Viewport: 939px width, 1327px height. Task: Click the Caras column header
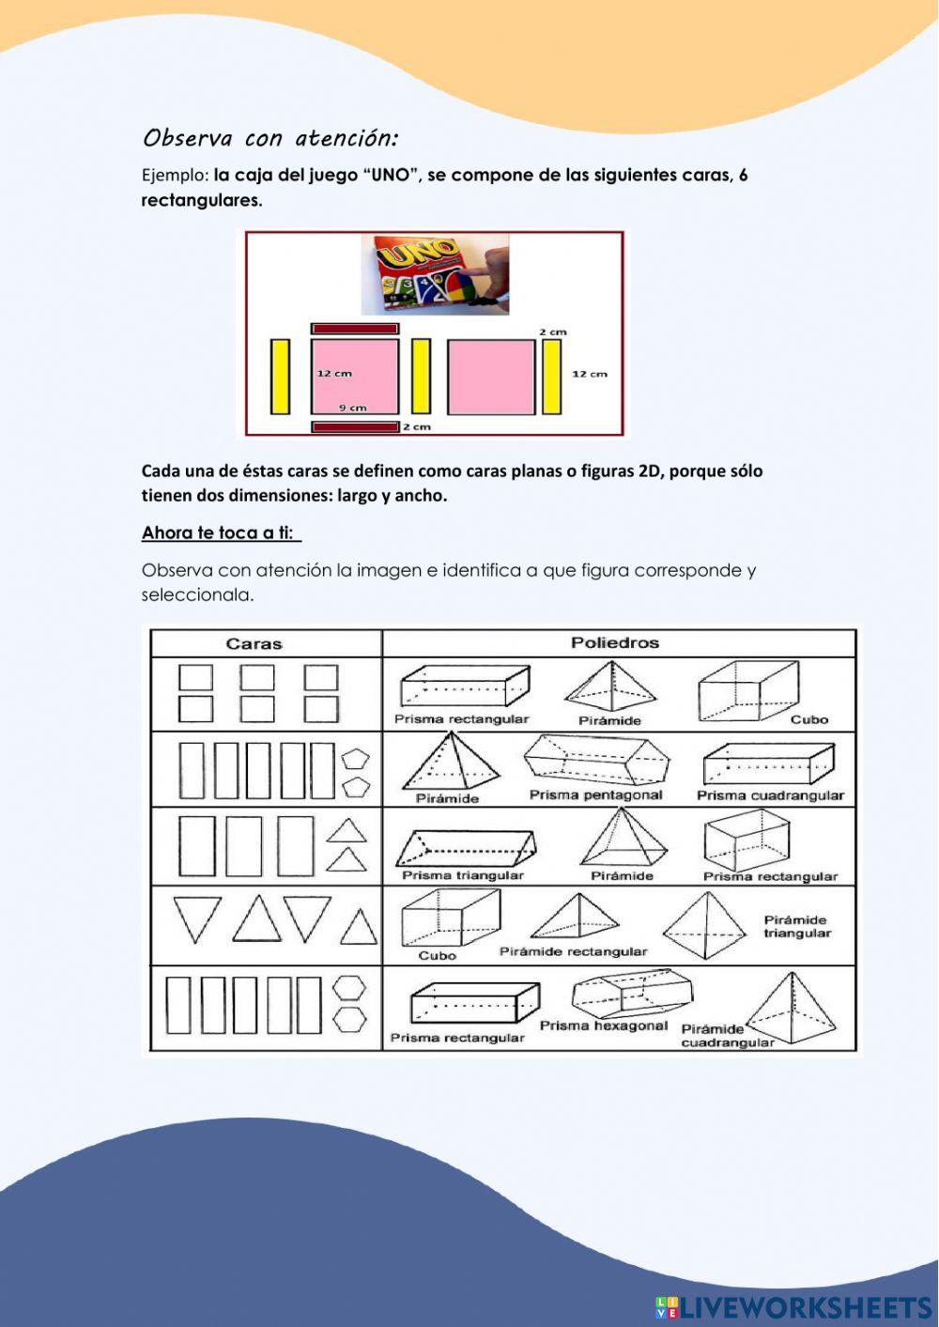point(254,644)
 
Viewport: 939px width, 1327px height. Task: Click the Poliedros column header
point(615,643)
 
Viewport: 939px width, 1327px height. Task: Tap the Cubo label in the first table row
point(808,720)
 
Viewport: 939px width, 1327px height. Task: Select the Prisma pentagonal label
point(595,795)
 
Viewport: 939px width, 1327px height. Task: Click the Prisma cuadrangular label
point(770,796)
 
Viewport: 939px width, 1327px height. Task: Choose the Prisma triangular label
point(463,875)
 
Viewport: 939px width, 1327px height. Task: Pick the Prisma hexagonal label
point(603,1026)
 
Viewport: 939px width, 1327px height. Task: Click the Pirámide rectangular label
point(573,952)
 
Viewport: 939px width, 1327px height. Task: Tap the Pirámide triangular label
point(796,927)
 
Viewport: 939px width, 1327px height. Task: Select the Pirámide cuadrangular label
point(727,1036)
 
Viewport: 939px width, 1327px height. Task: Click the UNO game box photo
point(436,274)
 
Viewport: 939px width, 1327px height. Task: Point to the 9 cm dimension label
point(353,408)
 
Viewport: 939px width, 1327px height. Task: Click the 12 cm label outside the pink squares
point(590,374)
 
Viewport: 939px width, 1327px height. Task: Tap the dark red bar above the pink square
point(355,329)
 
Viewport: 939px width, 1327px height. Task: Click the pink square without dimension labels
point(490,377)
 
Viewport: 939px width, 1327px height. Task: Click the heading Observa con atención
point(269,139)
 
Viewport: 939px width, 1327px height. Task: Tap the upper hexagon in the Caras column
point(351,988)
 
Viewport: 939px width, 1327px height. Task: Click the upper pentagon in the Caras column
point(355,760)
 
